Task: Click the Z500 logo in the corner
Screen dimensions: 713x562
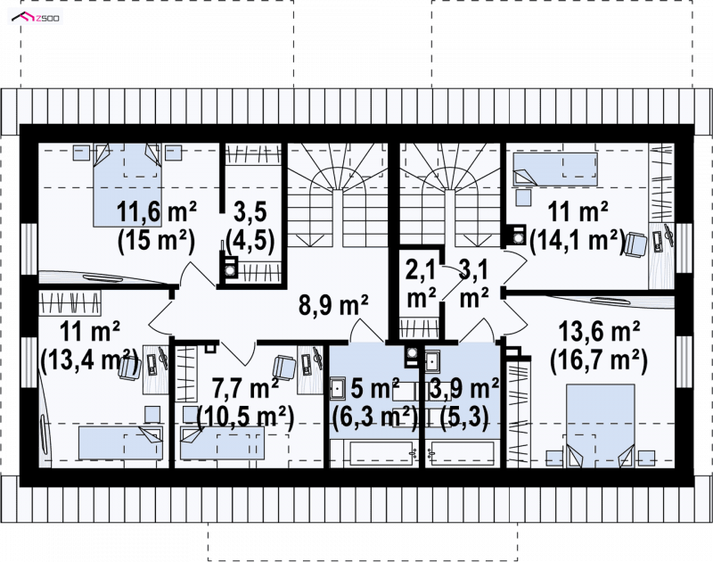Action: click(x=36, y=18)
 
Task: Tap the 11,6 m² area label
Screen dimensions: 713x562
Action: click(x=157, y=211)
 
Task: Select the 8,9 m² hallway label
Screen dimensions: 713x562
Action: click(x=333, y=304)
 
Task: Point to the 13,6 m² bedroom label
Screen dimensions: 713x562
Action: click(x=599, y=332)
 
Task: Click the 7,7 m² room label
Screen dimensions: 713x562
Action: click(x=246, y=389)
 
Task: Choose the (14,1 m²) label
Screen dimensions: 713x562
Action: click(x=577, y=240)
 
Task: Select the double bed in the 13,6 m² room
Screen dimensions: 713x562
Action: click(x=600, y=426)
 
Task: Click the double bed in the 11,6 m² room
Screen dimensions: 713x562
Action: click(x=127, y=185)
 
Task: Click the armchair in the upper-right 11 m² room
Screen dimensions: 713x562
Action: click(x=634, y=244)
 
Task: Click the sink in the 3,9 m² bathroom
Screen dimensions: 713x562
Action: click(x=432, y=361)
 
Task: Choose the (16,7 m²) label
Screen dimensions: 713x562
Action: click(x=599, y=361)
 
